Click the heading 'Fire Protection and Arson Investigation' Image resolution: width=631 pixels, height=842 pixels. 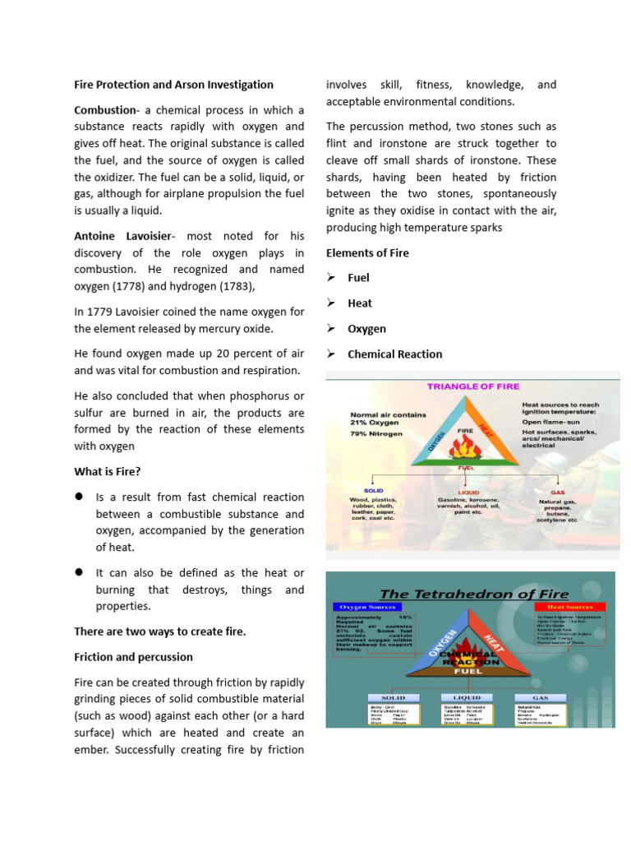[173, 85]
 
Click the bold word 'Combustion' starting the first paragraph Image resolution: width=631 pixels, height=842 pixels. [104, 110]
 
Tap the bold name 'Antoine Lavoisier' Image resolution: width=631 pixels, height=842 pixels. [124, 236]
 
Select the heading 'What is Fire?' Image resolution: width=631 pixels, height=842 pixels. [107, 472]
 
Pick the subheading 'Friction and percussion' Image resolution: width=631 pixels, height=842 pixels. [133, 657]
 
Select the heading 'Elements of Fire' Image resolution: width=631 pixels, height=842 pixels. [367, 253]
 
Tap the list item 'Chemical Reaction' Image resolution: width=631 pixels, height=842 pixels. [394, 354]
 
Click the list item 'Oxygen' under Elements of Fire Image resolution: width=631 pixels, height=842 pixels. [366, 329]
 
